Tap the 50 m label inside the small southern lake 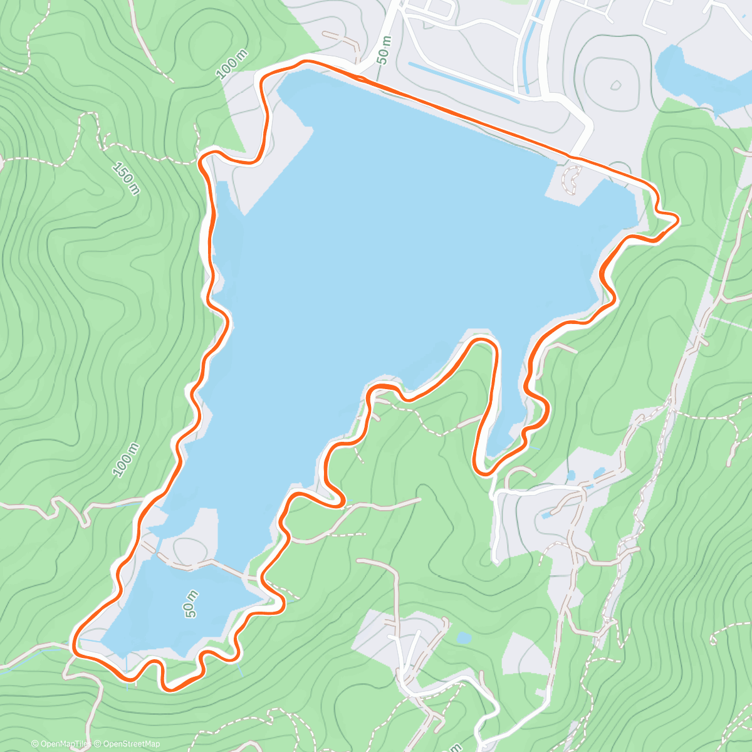tap(192, 603)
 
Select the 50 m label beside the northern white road tap(385, 48)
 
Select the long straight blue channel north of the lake tap(464, 81)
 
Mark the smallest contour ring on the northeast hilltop tap(615, 85)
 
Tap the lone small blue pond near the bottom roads tap(464, 638)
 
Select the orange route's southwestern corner tap(75, 644)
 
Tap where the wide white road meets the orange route tap(572, 156)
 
